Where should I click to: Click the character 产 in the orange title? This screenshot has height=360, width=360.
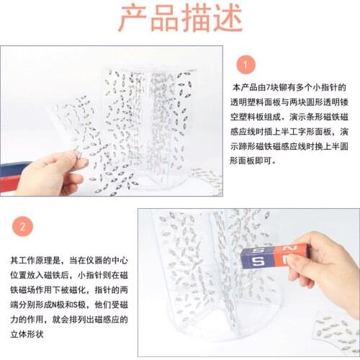pos(137,19)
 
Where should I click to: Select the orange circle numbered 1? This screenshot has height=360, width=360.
pos(245,66)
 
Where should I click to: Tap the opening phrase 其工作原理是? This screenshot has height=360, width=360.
pos(30,258)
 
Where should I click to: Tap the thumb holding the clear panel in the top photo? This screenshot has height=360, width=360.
pos(76,163)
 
